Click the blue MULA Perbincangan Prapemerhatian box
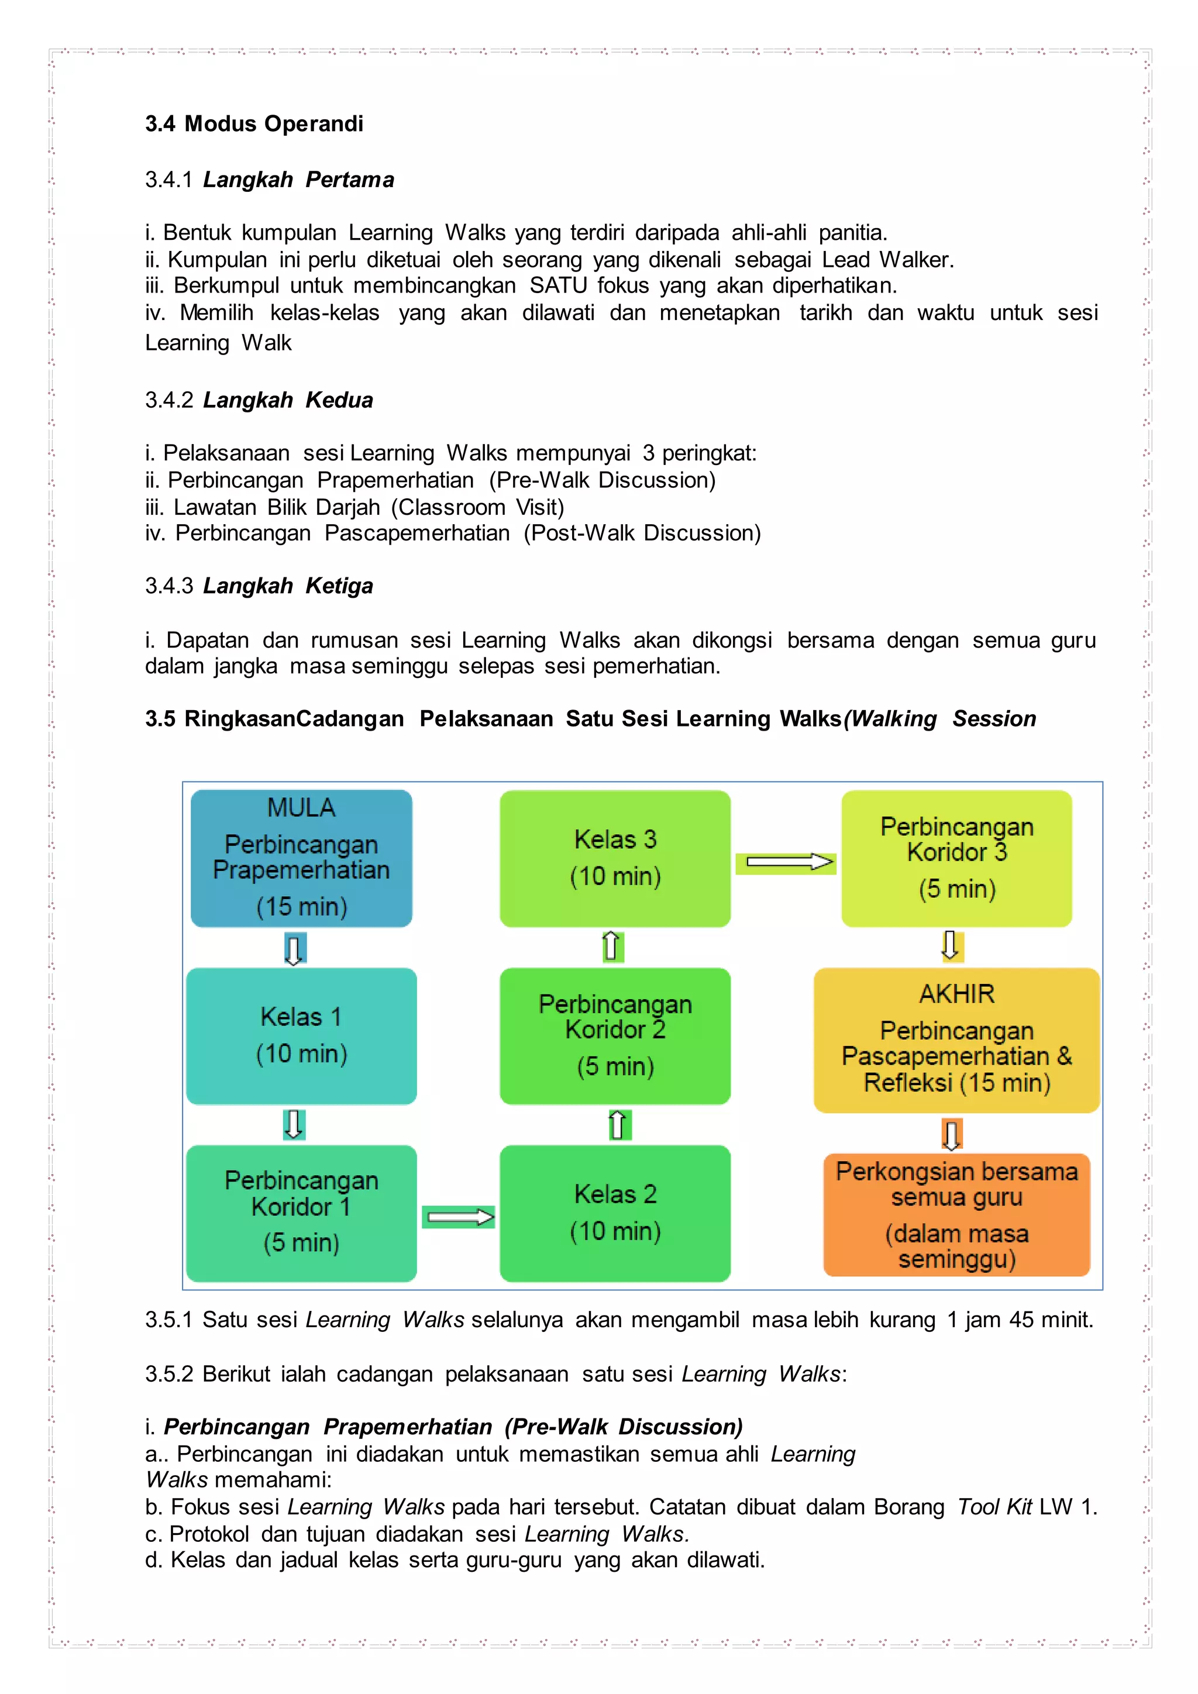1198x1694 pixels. pos(301,858)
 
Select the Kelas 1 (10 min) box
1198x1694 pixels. pos(301,1035)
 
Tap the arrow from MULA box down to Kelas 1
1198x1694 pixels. pos(294,949)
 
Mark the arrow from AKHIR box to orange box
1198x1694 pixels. pos(952,1134)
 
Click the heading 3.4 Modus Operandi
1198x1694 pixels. pos(254,123)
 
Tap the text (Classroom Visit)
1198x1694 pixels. pos(477,508)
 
